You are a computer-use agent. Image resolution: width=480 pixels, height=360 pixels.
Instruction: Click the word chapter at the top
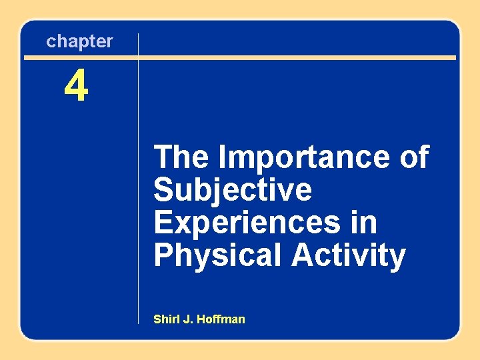tap(79, 41)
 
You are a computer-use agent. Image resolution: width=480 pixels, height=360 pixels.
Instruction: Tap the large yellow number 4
tap(76, 87)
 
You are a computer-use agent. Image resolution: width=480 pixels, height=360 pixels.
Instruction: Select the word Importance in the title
tap(304, 158)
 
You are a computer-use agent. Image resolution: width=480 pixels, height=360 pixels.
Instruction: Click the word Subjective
tap(232, 191)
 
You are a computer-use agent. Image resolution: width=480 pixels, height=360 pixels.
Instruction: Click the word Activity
tap(348, 255)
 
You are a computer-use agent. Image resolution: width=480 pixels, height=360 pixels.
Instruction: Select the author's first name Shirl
tap(166, 319)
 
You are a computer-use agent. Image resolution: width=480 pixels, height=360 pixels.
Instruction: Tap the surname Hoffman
tap(221, 319)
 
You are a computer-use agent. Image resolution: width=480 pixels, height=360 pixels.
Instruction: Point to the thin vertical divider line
tap(138, 200)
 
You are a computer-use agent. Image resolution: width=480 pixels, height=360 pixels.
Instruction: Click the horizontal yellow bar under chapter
tap(267, 57)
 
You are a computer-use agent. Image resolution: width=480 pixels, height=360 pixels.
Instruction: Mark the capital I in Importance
tap(223, 158)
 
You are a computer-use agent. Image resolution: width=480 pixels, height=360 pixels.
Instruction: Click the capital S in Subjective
tap(163, 191)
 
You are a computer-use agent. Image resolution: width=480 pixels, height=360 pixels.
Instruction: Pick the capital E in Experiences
tap(163, 223)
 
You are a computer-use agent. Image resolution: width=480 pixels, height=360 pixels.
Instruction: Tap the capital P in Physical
tap(163, 255)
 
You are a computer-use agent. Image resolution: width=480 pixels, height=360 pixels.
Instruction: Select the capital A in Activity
tap(301, 255)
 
